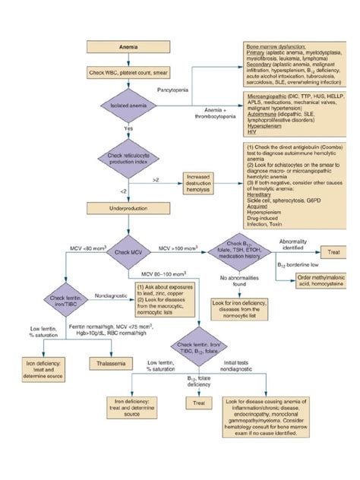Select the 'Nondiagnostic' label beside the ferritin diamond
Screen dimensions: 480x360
click(110, 290)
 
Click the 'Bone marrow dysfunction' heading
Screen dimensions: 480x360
click(276, 47)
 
